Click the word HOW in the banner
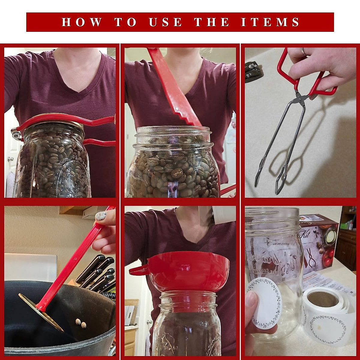(82, 22)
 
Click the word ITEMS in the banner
(270, 22)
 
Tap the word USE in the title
(165, 22)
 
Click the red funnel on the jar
(188, 270)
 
